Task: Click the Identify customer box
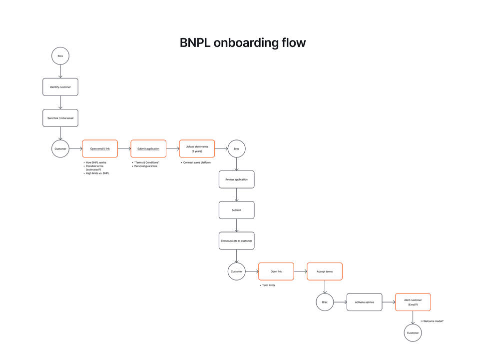[x=60, y=87]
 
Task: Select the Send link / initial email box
[x=60, y=118]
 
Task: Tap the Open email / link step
[x=100, y=148]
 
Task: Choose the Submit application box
[x=148, y=148]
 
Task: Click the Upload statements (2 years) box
[x=197, y=148]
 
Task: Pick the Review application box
[x=236, y=179]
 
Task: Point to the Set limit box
[x=236, y=210]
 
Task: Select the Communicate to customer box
[x=236, y=240]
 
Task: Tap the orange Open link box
[x=276, y=271]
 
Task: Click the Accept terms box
[x=325, y=271]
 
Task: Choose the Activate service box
[x=364, y=302]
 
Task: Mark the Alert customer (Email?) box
[x=413, y=302]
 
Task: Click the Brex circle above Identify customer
[x=60, y=56]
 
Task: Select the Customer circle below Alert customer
[x=413, y=333]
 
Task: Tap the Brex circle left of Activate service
[x=325, y=302]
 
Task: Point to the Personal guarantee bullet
[x=146, y=166]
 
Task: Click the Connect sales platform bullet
[x=197, y=162]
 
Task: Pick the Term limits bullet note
[x=268, y=285]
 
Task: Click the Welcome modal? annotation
[x=433, y=321]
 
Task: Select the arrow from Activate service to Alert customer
[x=389, y=302]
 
